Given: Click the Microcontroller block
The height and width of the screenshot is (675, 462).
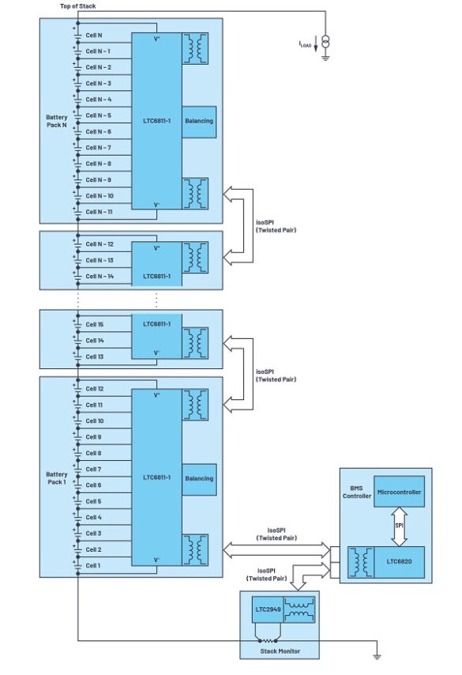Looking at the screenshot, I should coord(399,492).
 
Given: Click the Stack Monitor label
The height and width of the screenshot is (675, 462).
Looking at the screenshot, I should coord(279,650).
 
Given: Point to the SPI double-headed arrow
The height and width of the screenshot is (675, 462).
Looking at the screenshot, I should coord(399,526).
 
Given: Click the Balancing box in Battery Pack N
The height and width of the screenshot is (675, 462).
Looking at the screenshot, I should coord(199,122).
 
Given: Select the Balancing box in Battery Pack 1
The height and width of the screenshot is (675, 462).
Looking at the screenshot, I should coord(199,478).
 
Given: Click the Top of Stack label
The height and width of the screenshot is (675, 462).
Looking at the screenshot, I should coord(77,6).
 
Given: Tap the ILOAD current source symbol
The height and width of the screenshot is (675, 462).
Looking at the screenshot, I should coord(324,42).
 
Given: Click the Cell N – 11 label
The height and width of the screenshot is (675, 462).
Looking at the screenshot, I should coord(99,212).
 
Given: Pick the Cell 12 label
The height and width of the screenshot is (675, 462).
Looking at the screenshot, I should coord(94,389).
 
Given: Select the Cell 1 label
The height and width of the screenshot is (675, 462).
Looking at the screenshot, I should coord(93,565).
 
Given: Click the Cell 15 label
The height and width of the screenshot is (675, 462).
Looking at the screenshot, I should coord(94,325).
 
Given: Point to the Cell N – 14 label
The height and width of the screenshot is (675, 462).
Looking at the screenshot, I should coord(99,276).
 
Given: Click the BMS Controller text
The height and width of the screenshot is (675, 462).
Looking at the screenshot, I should coord(355,492).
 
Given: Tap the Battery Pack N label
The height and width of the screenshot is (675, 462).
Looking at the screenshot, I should coord(57,121).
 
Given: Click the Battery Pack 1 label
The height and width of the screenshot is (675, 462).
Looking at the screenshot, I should coord(57,478).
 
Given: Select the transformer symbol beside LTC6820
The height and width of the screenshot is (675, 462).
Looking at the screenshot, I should coord(363,563).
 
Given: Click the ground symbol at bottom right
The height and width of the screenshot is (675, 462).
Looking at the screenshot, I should coord(377,655).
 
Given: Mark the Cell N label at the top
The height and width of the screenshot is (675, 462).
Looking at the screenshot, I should coord(93,36).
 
